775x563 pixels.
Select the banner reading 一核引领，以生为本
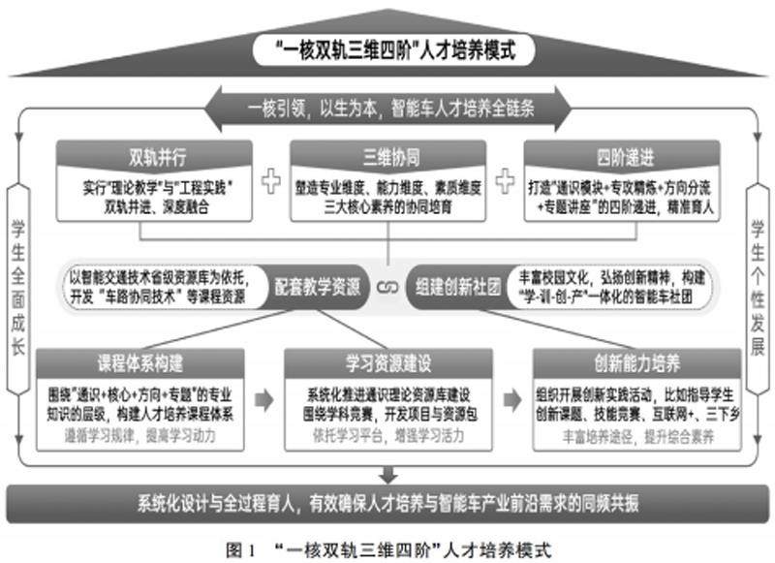click(387, 104)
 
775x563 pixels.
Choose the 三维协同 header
click(387, 155)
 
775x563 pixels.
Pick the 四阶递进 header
click(620, 155)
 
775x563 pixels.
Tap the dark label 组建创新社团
click(455, 288)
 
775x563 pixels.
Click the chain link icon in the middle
click(387, 288)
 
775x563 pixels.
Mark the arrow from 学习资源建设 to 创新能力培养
click(511, 399)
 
